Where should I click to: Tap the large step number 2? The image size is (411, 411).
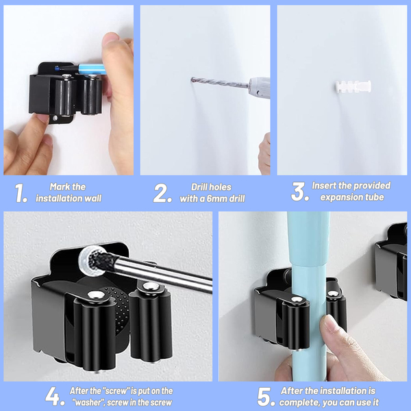(162, 193)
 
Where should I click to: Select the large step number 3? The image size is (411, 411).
(299, 192)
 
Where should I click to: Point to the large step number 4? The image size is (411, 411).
(55, 397)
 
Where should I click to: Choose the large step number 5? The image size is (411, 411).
(266, 397)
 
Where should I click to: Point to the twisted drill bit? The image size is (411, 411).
(220, 82)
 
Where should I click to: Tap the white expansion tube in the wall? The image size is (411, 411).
(353, 86)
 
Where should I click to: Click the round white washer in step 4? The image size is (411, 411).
(92, 261)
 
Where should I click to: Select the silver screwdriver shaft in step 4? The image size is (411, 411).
(162, 273)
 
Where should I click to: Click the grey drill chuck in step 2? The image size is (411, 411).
(259, 87)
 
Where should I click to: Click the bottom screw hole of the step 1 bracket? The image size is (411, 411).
(55, 118)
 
